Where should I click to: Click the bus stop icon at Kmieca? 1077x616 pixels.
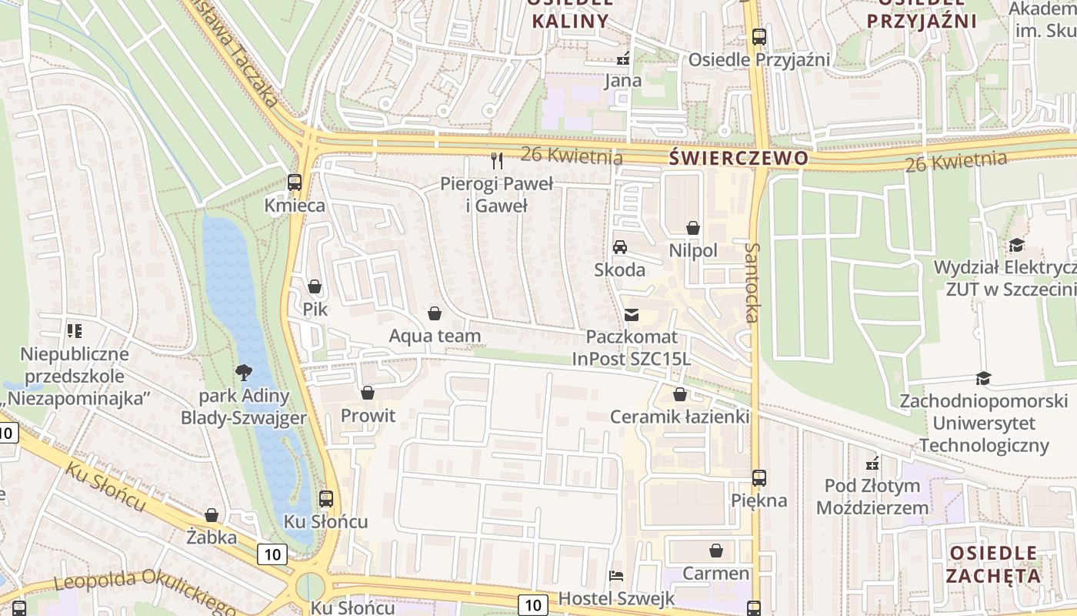[295, 182]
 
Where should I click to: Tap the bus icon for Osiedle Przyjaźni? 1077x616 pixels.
[759, 36]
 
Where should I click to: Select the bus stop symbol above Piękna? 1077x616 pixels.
[759, 477]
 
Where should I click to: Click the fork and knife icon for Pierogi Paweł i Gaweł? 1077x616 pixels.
[497, 160]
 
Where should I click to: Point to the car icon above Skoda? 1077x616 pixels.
[619, 247]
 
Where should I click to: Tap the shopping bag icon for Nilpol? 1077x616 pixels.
[692, 228]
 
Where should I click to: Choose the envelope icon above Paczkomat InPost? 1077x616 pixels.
[632, 314]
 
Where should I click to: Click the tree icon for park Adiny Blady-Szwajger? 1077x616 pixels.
[244, 373]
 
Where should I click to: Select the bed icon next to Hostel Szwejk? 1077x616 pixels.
[615, 575]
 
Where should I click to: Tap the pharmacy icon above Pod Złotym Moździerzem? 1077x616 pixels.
[872, 464]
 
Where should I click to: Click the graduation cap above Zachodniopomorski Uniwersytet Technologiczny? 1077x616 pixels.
[983, 378]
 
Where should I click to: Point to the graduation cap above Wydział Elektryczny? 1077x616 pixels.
[1016, 245]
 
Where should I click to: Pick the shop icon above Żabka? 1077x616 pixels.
[212, 514]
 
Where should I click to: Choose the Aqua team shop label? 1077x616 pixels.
[435, 336]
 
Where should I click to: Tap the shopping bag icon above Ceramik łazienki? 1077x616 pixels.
[679, 395]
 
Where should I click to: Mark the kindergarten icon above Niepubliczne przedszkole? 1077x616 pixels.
[75, 331]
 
